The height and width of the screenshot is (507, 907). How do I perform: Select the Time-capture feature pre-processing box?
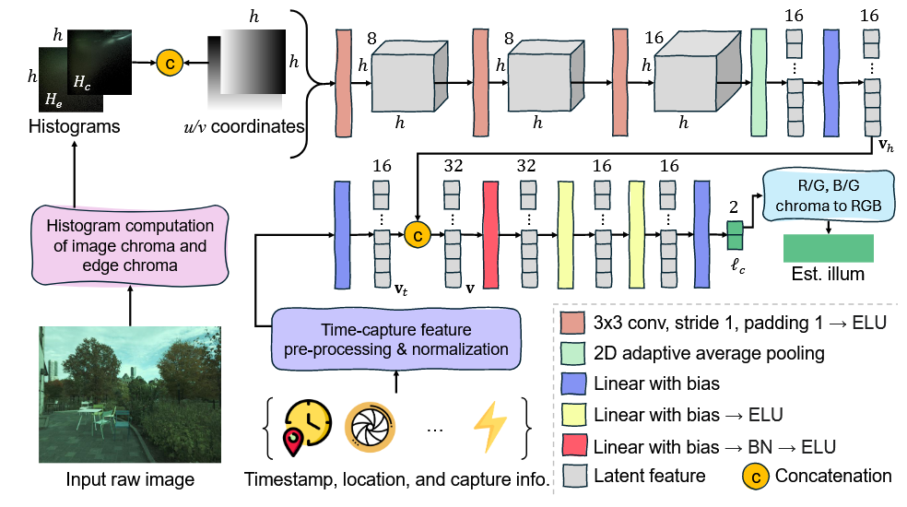point(395,340)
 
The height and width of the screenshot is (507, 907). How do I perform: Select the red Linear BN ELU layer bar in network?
point(490,235)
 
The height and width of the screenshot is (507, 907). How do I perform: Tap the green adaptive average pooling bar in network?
point(760,81)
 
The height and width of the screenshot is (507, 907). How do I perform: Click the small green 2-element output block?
point(734,236)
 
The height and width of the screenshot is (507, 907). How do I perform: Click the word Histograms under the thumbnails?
point(75,126)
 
